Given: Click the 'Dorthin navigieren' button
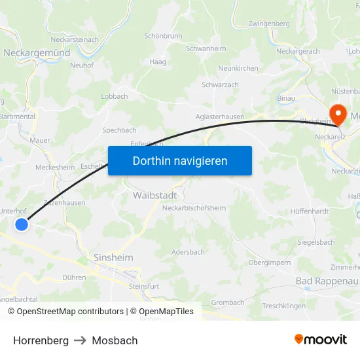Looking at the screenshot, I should click(180, 160).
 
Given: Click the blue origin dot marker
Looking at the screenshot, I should click(22, 225).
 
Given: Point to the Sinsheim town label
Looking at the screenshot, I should click(113, 257).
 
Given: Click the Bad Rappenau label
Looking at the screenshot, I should click(327, 281).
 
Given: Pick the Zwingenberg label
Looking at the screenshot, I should click(269, 24).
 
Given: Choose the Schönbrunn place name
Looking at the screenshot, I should click(163, 36).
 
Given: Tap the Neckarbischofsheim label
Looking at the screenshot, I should click(194, 208).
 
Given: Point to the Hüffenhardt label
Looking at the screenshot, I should click(310, 212).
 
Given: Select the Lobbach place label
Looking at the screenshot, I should click(115, 96).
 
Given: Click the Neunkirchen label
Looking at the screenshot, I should click(238, 68).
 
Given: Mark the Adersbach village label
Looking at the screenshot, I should click(188, 252).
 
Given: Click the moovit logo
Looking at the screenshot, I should click(321, 339).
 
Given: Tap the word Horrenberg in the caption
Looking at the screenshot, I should click(41, 340).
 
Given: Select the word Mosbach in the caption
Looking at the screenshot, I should click(115, 340).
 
